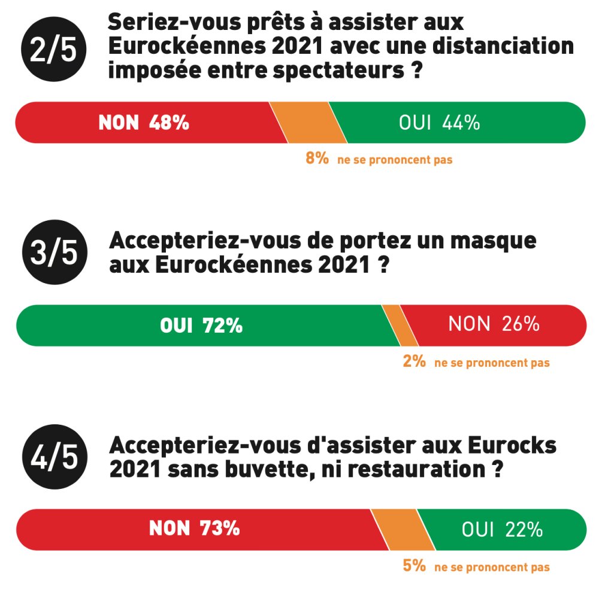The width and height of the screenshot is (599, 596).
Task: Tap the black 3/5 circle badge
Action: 53,253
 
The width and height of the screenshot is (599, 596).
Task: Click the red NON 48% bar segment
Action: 144,123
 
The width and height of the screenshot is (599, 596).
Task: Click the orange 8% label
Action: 317,159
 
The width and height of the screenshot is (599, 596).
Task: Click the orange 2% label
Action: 414,361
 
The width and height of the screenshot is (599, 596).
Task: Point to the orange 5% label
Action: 414,565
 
